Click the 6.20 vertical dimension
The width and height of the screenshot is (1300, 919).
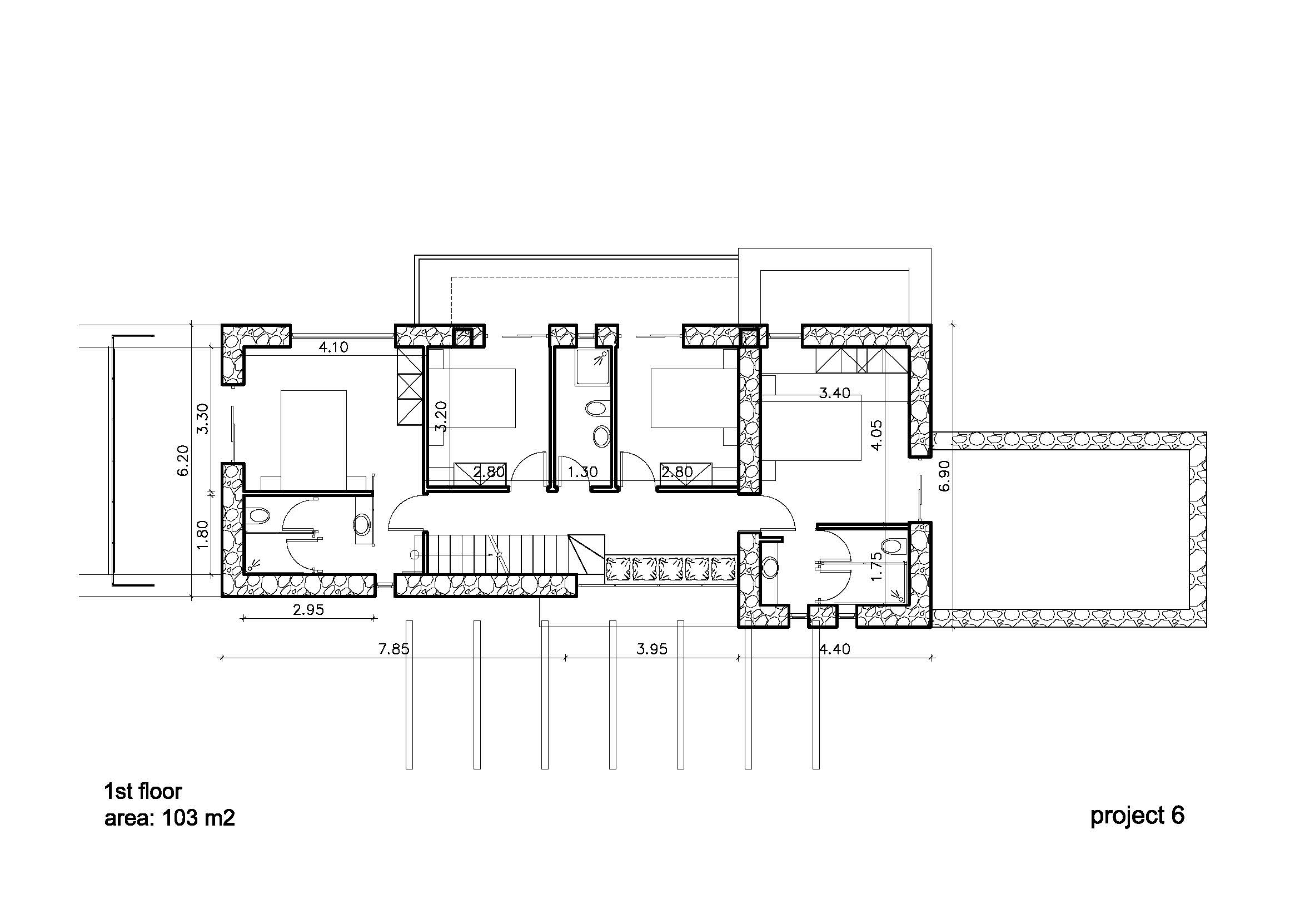[183, 460]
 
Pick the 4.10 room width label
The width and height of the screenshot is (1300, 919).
[333, 347]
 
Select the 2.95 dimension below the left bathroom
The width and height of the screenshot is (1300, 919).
[308, 610]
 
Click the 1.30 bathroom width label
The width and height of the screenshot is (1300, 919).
[582, 471]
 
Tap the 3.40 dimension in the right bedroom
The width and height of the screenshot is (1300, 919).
[835, 393]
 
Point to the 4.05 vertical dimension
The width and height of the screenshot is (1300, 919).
[876, 435]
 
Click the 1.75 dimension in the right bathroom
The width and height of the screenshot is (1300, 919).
[876, 565]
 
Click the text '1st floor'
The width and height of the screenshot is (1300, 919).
[143, 791]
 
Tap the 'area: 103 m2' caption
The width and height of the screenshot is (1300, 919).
[170, 818]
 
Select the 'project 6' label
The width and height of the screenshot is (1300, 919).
[1138, 816]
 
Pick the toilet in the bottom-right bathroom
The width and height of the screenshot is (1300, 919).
[891, 546]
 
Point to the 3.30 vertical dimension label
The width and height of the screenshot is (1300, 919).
[203, 419]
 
